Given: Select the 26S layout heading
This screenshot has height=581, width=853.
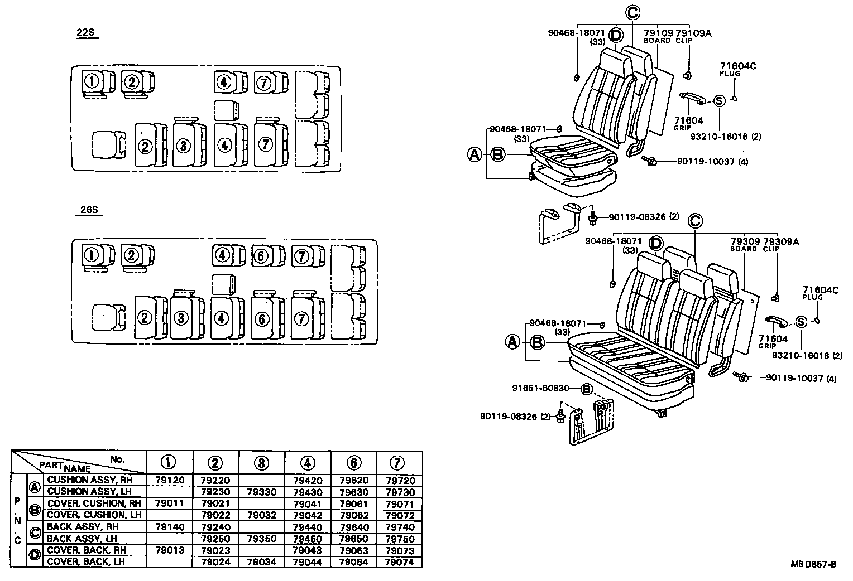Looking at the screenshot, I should [88, 210].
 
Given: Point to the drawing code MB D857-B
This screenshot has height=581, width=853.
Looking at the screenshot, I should [813, 564].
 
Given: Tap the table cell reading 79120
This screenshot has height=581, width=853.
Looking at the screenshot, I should [169, 480].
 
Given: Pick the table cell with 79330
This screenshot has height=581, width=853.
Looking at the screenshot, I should [261, 492].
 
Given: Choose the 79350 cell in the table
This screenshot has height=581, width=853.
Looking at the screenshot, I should [261, 539].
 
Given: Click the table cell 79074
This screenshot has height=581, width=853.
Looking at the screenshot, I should [400, 562].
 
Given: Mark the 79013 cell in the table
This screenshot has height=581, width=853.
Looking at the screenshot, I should [169, 550].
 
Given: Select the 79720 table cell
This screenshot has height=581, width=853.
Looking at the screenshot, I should [400, 480].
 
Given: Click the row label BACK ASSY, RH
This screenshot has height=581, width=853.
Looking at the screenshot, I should [83, 527].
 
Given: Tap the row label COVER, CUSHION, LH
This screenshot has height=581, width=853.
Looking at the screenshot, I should [94, 515].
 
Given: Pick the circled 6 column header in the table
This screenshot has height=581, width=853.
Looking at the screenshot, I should [354, 463].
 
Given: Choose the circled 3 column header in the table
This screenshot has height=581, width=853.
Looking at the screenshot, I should [261, 463].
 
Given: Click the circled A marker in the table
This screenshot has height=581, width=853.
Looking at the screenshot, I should [35, 486].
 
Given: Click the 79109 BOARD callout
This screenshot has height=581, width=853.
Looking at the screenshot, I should [657, 36].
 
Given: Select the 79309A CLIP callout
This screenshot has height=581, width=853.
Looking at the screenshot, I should [780, 245].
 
